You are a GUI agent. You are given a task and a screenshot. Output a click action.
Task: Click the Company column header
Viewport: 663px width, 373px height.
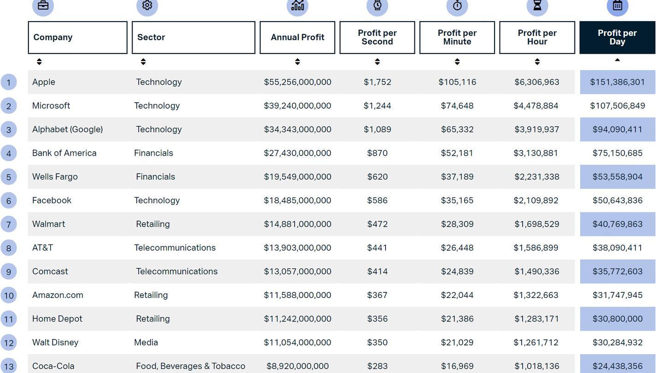77,37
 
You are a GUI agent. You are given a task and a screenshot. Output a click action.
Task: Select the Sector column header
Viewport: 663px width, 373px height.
193,37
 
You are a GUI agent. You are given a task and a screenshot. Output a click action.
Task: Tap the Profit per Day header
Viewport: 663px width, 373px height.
617,37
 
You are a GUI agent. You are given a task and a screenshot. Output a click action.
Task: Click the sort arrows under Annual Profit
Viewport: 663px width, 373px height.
297,62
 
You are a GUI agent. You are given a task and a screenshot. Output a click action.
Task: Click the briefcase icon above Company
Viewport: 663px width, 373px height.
43,6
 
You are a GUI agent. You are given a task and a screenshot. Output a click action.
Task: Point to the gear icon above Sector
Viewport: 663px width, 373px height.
147,6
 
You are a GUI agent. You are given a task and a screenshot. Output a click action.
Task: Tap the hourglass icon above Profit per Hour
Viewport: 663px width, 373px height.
537,6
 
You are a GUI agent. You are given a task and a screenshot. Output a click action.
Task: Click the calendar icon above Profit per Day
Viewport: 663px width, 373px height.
617,6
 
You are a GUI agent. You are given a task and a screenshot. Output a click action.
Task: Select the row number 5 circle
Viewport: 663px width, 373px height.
9,177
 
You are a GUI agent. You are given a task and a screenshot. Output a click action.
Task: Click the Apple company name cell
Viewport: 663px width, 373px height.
44,82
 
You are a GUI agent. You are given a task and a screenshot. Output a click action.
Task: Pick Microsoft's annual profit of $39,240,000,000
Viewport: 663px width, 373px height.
297,105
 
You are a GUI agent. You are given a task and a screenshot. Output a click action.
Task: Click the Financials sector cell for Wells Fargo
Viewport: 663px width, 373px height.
155,176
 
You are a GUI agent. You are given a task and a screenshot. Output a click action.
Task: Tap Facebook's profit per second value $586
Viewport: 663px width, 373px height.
377,200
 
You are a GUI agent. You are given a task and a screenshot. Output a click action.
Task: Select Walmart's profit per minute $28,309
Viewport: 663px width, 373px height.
457,224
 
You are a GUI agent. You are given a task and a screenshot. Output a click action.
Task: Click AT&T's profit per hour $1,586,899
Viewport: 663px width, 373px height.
536,248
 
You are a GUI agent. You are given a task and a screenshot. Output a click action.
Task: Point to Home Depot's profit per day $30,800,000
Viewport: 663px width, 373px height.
617,319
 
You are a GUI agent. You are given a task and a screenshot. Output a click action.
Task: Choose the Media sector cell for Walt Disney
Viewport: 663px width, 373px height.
146,342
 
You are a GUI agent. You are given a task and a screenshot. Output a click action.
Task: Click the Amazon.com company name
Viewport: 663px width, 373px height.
58,295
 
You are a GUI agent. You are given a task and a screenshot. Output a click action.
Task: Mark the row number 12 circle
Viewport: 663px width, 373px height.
9,343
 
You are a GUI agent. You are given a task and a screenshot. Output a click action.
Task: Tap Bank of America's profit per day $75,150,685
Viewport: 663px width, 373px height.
617,153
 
